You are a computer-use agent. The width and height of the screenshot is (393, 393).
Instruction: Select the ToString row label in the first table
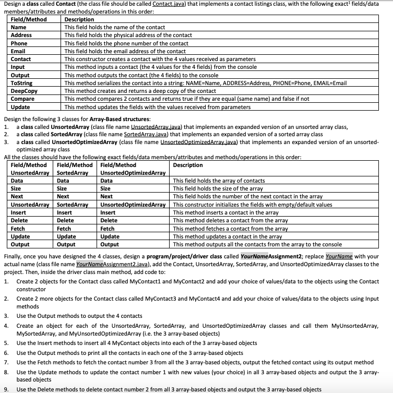[x=22, y=83]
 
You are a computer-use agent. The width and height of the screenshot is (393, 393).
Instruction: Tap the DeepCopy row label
[x=23, y=91]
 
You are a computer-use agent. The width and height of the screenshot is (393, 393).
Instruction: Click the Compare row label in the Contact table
[x=22, y=99]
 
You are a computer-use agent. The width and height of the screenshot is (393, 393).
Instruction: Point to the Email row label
[x=18, y=51]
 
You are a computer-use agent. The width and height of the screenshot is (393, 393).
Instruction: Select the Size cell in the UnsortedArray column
[x=16, y=188]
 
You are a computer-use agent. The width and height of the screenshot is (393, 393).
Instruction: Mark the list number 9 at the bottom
[x=6, y=389]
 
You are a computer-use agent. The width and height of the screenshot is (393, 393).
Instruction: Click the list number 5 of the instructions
[x=6, y=343]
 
